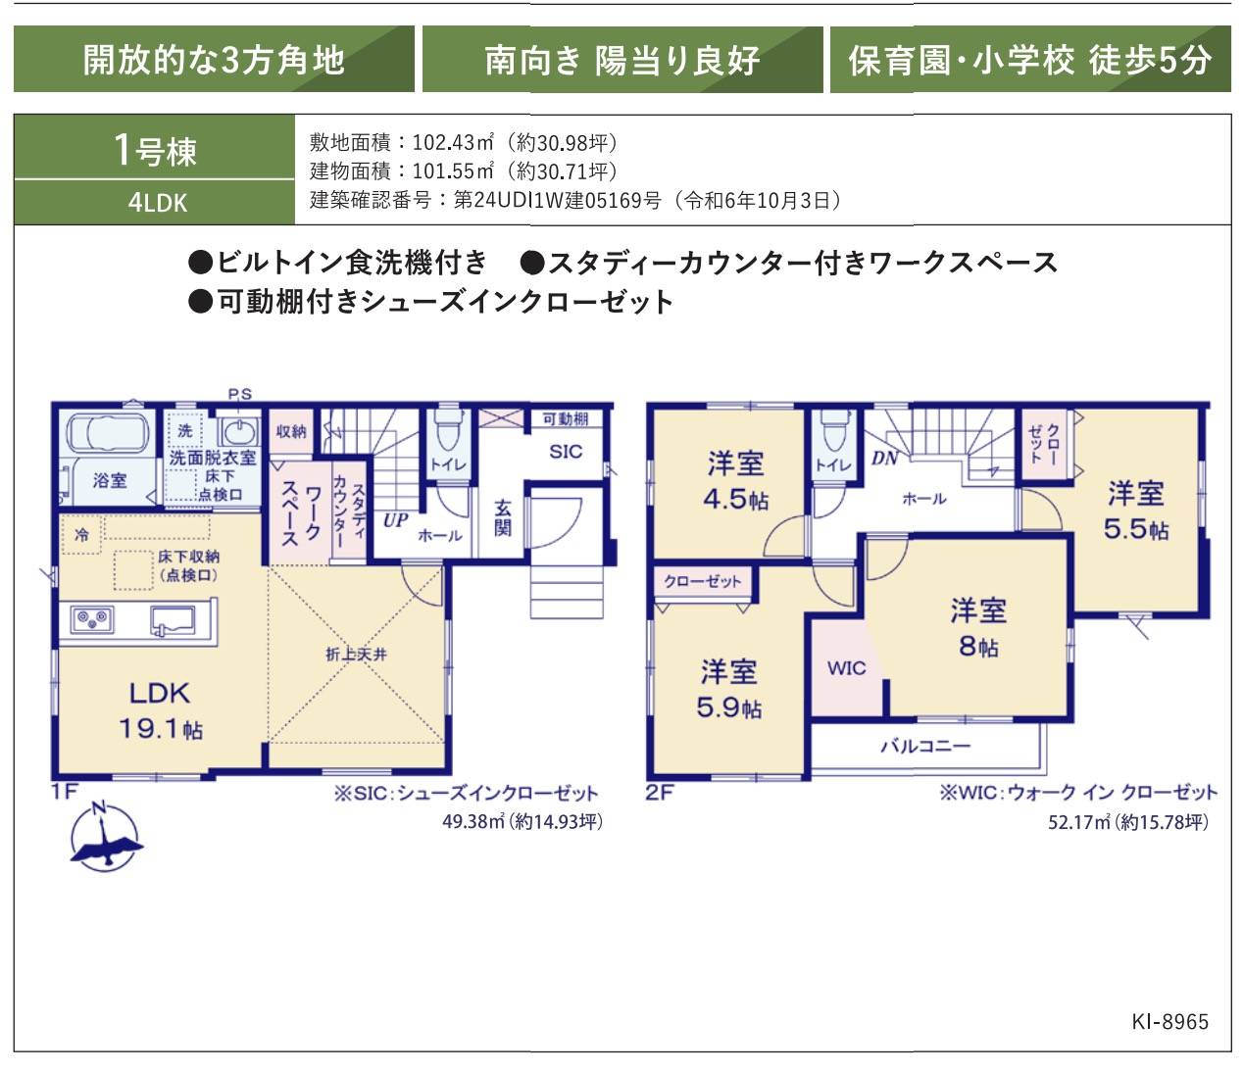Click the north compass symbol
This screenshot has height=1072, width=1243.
[106, 836]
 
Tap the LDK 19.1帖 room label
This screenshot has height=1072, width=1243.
[161, 710]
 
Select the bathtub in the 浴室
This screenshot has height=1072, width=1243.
[108, 433]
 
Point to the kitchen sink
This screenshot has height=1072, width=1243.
[173, 620]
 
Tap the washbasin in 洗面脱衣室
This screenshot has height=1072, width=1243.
[239, 430]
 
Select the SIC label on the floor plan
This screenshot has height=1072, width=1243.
[566, 452]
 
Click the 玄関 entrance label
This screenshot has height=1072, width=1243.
[503, 518]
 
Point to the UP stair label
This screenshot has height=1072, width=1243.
[395, 520]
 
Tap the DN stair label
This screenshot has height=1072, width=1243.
[884, 459]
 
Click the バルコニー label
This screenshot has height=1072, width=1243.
[925, 746]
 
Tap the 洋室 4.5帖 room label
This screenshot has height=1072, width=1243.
[735, 480]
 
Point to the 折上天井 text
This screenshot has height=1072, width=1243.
[356, 655]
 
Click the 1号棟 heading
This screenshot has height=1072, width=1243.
[155, 150]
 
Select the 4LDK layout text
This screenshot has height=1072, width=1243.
[158, 203]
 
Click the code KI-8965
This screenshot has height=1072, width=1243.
[1169, 1021]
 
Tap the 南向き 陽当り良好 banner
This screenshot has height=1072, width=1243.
[622, 60]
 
